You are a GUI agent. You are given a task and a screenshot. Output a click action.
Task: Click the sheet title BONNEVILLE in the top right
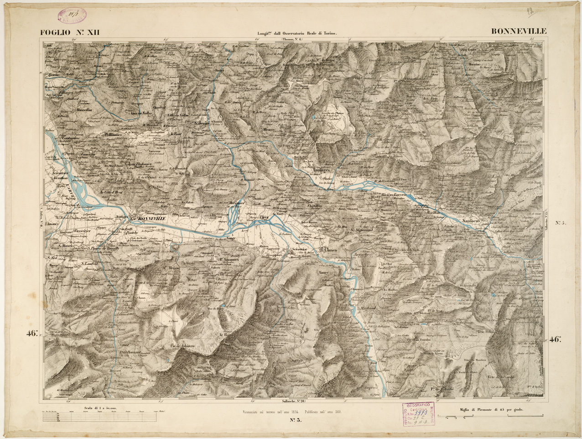tap(519, 32)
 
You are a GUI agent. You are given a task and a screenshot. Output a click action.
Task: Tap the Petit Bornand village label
tap(130, 353)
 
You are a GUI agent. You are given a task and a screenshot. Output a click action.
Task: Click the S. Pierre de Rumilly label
tap(103, 248)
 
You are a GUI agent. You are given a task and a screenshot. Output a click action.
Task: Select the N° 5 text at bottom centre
tap(296, 421)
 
